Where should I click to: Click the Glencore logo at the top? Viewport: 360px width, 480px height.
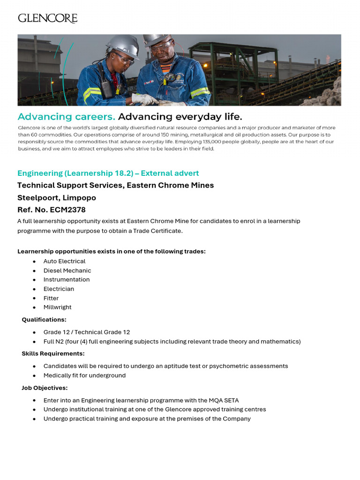coord(47,18)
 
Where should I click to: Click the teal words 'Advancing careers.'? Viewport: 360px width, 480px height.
coord(66,116)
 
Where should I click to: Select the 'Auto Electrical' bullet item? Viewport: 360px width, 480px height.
coord(64,261)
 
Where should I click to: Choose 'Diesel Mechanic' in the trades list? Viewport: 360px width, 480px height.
coord(67,270)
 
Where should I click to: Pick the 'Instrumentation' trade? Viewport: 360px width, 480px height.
coord(66,279)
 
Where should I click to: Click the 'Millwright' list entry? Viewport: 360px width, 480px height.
coord(57,307)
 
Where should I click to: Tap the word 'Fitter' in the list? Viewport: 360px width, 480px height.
coord(51,298)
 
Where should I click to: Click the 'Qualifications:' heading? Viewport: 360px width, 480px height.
coord(44,320)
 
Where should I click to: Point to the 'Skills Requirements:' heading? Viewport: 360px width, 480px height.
coord(53,353)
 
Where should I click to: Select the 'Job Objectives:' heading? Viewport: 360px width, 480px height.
coord(45,388)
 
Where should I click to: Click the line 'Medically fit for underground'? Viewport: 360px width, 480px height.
coord(84,375)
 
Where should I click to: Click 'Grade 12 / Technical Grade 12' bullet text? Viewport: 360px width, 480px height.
coord(87,332)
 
